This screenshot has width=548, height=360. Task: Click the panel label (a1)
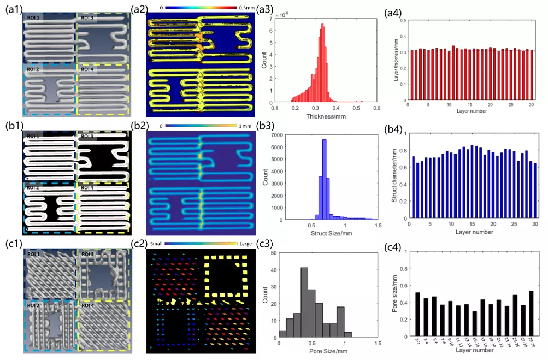click(x=12, y=9)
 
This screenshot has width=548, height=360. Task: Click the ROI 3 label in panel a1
click(x=87, y=18)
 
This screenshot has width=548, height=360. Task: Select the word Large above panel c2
click(x=244, y=244)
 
